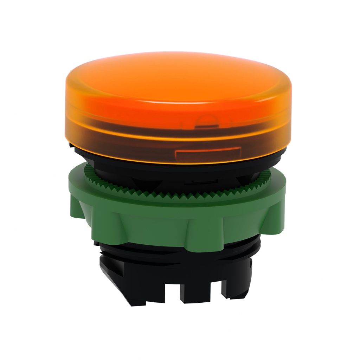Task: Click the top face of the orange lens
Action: [x=176, y=76]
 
